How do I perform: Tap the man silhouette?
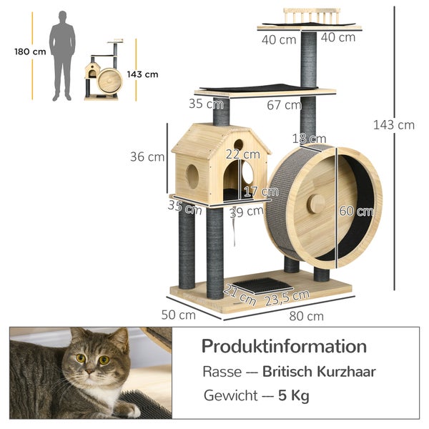pos(63,55)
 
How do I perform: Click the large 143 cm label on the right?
pos(393,125)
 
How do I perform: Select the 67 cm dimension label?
pos(284,105)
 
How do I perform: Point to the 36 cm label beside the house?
pos(147,157)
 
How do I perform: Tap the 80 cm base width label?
pos(306,315)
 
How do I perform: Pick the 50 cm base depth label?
pos(178,314)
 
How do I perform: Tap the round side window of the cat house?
pos(192,176)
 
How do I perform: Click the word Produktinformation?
pos(284,347)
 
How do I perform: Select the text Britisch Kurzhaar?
pos(319,372)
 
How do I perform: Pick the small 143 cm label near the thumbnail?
pos(143,74)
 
